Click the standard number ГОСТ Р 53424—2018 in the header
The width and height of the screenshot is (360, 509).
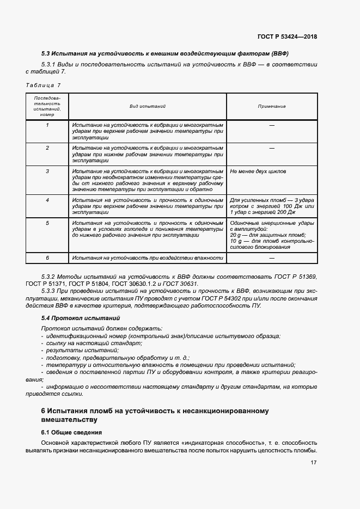click(x=286, y=37)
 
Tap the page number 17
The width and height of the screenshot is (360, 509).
click(x=313, y=463)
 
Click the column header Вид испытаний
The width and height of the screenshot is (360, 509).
click(x=147, y=107)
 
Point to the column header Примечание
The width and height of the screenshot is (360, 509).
click(x=271, y=107)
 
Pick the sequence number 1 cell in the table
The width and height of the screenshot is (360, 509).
click(x=47, y=125)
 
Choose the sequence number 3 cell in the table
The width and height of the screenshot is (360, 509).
click(x=47, y=171)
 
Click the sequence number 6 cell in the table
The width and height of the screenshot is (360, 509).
click(x=47, y=258)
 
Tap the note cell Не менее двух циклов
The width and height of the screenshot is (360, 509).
click(x=258, y=171)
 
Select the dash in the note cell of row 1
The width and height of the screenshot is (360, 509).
click(x=271, y=125)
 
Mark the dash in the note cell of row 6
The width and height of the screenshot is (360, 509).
click(x=271, y=258)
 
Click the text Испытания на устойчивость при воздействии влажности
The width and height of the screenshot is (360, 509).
click(x=148, y=258)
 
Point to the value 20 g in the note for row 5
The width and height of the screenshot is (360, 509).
click(x=236, y=235)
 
